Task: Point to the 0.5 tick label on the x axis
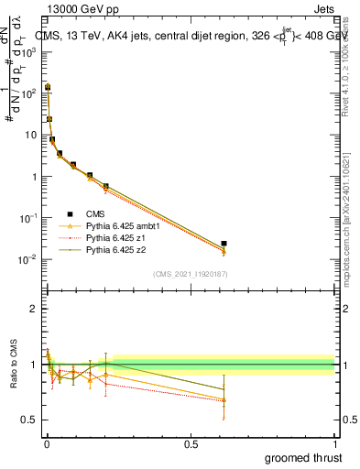(x=191, y=443)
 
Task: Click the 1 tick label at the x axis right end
(x=335, y=443)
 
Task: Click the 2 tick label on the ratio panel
(x=34, y=309)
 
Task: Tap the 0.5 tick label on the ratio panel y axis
(x=29, y=420)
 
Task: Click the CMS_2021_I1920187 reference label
(x=189, y=274)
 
